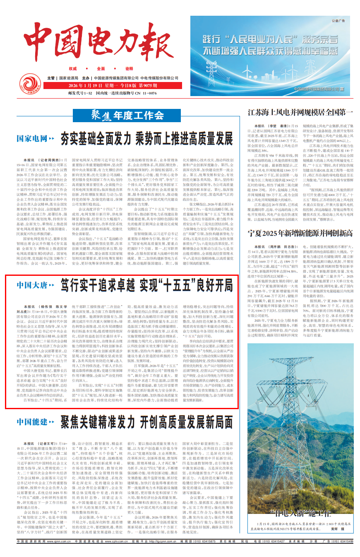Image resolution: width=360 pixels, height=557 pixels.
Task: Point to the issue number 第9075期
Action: (153, 86)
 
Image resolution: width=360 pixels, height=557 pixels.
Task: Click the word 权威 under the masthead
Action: (73, 68)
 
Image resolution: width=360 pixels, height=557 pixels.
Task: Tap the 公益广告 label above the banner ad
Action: (338, 20)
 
